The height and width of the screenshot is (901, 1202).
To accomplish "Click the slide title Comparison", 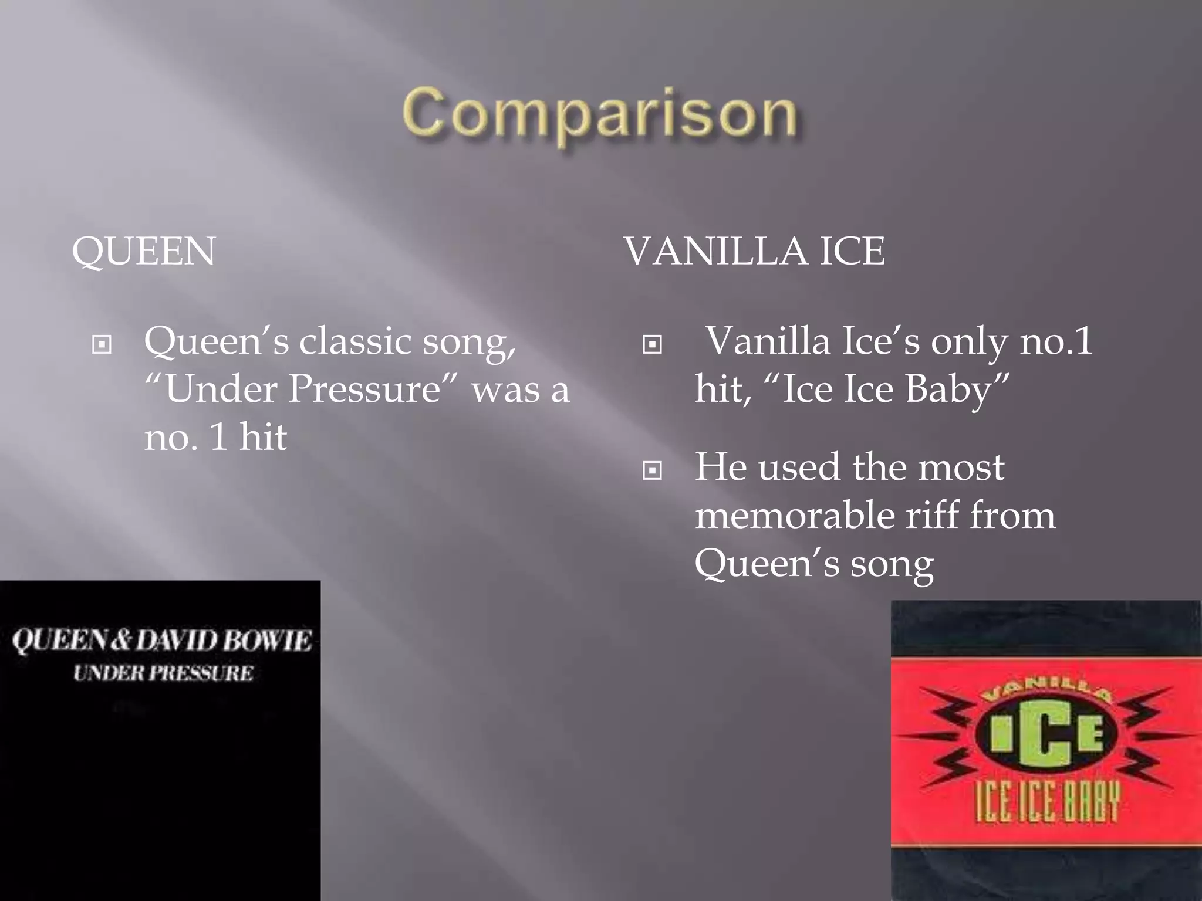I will tap(600, 113).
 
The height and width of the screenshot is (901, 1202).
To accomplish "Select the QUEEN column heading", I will tap(144, 251).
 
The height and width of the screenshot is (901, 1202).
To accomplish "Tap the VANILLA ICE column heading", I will tap(755, 251).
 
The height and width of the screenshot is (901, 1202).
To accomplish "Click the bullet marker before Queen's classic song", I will tap(102, 344).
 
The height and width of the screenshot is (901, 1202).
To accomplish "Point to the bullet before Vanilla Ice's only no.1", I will tap(652, 344).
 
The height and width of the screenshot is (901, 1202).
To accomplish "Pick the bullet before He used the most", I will tap(652, 470).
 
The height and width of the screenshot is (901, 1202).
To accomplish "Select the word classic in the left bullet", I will tap(356, 341).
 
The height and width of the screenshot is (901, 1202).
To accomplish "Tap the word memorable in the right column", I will tap(794, 516).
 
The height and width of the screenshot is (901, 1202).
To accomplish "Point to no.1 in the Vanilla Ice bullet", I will tap(1056, 341).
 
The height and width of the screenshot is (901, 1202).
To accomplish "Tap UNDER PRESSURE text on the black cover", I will tap(163, 673).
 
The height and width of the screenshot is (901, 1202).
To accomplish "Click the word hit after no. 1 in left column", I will tap(263, 437).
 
